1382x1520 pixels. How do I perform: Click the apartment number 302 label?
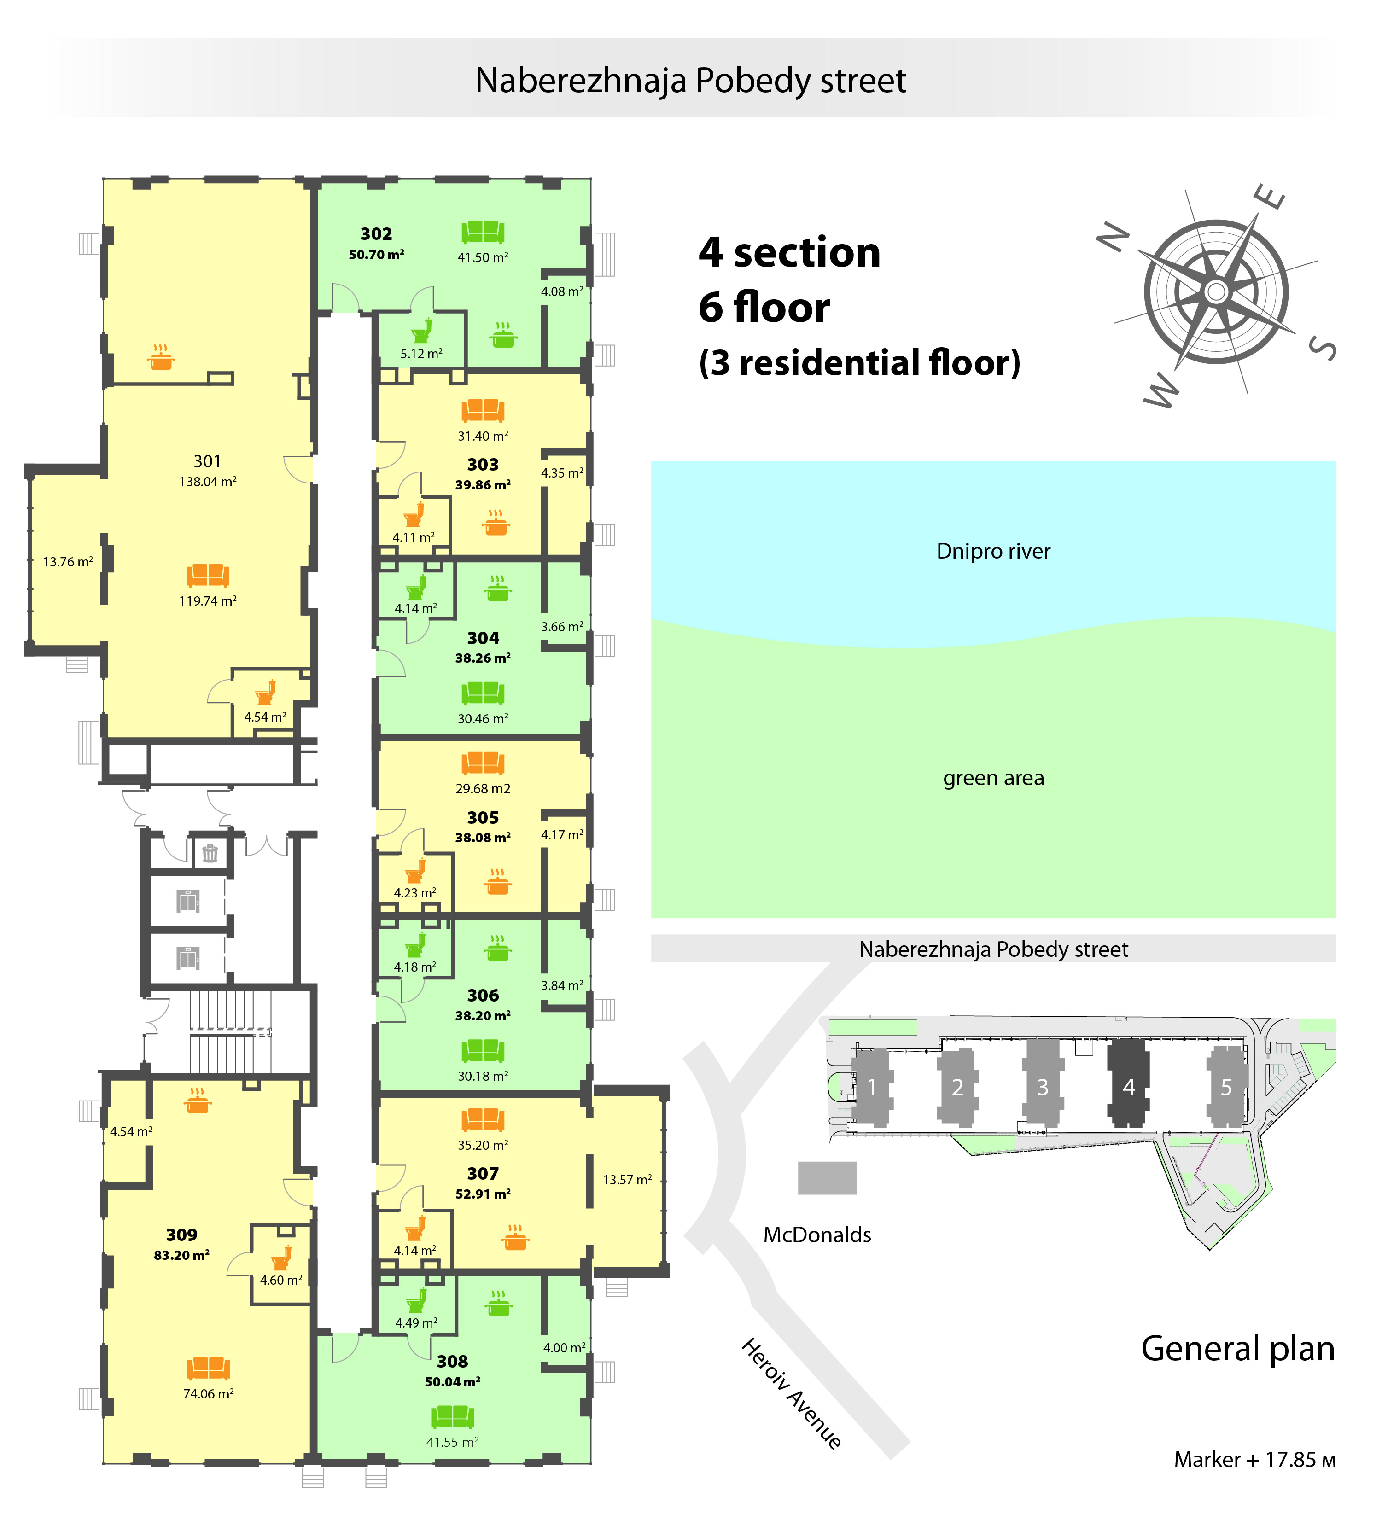pyautogui.click(x=376, y=234)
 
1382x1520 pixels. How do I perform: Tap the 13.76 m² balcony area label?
pyautogui.click(x=68, y=562)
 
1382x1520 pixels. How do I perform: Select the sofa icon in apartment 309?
pyautogui.click(x=208, y=1368)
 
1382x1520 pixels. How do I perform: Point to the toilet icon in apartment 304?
pyautogui.click(x=416, y=587)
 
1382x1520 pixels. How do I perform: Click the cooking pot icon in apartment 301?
pyautogui.click(x=161, y=357)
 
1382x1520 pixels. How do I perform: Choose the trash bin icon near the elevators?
pyautogui.click(x=210, y=853)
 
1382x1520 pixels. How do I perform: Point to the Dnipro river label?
pyautogui.click(x=993, y=551)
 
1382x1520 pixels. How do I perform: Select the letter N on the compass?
pyautogui.click(x=1114, y=238)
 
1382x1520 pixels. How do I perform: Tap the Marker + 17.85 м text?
pyautogui.click(x=1254, y=1460)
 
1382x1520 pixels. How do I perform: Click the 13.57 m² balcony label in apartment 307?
pyautogui.click(x=627, y=1180)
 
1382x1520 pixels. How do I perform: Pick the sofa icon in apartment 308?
pyautogui.click(x=452, y=1417)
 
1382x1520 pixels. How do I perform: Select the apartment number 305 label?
pyautogui.click(x=483, y=818)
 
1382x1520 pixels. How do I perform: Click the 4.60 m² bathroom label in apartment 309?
pyautogui.click(x=281, y=1280)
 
